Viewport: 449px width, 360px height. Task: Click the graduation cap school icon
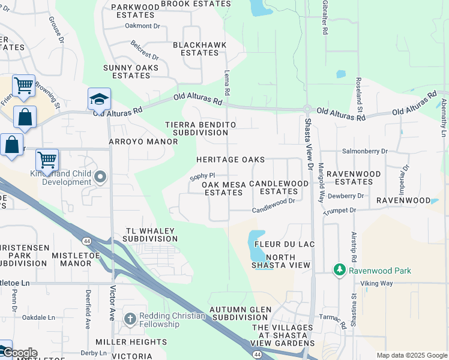point(100,99)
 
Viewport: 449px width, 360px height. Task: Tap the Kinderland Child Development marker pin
point(100,177)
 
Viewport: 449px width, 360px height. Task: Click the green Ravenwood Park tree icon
point(340,271)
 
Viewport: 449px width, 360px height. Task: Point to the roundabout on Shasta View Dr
point(308,109)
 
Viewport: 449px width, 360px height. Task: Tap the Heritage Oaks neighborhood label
point(231,160)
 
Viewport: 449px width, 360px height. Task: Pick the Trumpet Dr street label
point(340,211)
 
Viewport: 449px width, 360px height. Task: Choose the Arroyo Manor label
point(143,142)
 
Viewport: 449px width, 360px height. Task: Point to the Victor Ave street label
point(112,302)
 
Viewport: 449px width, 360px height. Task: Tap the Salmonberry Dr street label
point(364,152)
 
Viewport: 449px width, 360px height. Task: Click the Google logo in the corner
point(19,353)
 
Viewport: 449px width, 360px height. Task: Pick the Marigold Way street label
point(321,181)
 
